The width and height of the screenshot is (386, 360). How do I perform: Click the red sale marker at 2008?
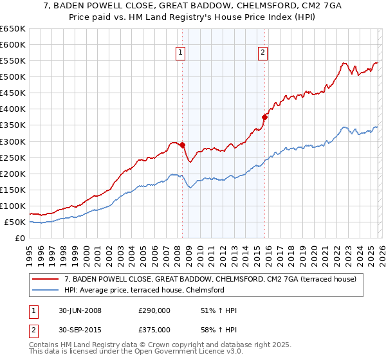tap(182, 145)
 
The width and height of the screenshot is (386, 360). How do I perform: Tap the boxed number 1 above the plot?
tap(181, 53)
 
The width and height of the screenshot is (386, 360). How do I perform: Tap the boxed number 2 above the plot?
tap(263, 53)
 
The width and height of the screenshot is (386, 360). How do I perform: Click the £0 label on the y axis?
tap(21, 239)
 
